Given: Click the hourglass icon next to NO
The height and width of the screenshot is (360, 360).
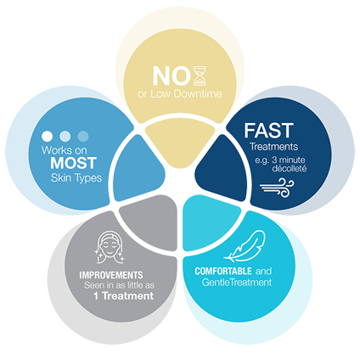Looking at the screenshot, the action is coord(200,76).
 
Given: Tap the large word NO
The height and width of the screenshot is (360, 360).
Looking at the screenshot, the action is coord(172,76).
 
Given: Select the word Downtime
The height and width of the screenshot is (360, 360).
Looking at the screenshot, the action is coord(198,94).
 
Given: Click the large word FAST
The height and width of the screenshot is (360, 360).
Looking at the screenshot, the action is coord(268,131).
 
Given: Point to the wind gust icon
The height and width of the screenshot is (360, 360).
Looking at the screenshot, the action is coord(277,188).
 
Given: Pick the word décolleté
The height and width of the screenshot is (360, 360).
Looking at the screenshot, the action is coord(290,168).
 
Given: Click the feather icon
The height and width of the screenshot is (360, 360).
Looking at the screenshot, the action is coord(245,245).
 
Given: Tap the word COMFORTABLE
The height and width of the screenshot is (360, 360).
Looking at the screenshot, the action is coord(223,271).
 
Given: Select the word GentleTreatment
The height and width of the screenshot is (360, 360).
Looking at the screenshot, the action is coord(237,282).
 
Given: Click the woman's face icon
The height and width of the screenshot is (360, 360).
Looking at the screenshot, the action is coord(110,248).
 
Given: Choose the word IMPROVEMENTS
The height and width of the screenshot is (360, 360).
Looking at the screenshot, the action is coord(111,275).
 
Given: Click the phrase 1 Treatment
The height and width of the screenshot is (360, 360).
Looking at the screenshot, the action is coord(123,296).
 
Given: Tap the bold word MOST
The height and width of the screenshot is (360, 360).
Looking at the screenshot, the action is coord(74,163).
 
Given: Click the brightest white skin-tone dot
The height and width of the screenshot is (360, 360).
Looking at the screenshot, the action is coord(47,136).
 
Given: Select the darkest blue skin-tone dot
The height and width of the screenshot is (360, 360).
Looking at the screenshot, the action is coord(83,136).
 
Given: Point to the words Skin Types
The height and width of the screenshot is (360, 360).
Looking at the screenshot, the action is coord(76,178).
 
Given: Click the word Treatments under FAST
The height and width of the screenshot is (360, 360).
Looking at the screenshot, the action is coord(273,147).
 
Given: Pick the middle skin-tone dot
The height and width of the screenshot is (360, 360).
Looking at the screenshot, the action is coord(65,136).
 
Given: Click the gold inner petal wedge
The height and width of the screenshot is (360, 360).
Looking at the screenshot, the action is coord(180,143).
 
